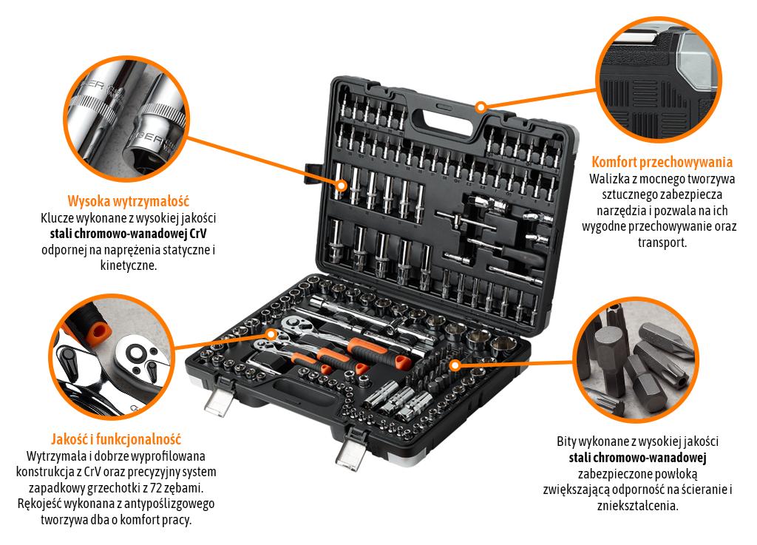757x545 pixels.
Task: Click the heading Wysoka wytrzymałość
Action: (128, 201)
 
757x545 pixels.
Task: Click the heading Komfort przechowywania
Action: (662, 162)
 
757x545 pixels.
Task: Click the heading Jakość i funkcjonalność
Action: (116, 439)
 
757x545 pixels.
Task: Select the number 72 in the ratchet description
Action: (156, 487)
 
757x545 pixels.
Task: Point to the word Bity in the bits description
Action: (566, 441)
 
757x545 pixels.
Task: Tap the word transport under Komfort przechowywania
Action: (662, 243)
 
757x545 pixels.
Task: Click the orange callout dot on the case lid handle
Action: (481, 106)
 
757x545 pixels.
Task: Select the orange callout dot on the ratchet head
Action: (272, 334)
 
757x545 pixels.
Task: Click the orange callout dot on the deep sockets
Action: (342, 186)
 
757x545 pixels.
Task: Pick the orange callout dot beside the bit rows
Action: (455, 365)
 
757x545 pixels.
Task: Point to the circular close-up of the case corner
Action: (659, 79)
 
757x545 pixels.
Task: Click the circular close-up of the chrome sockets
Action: (127, 119)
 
